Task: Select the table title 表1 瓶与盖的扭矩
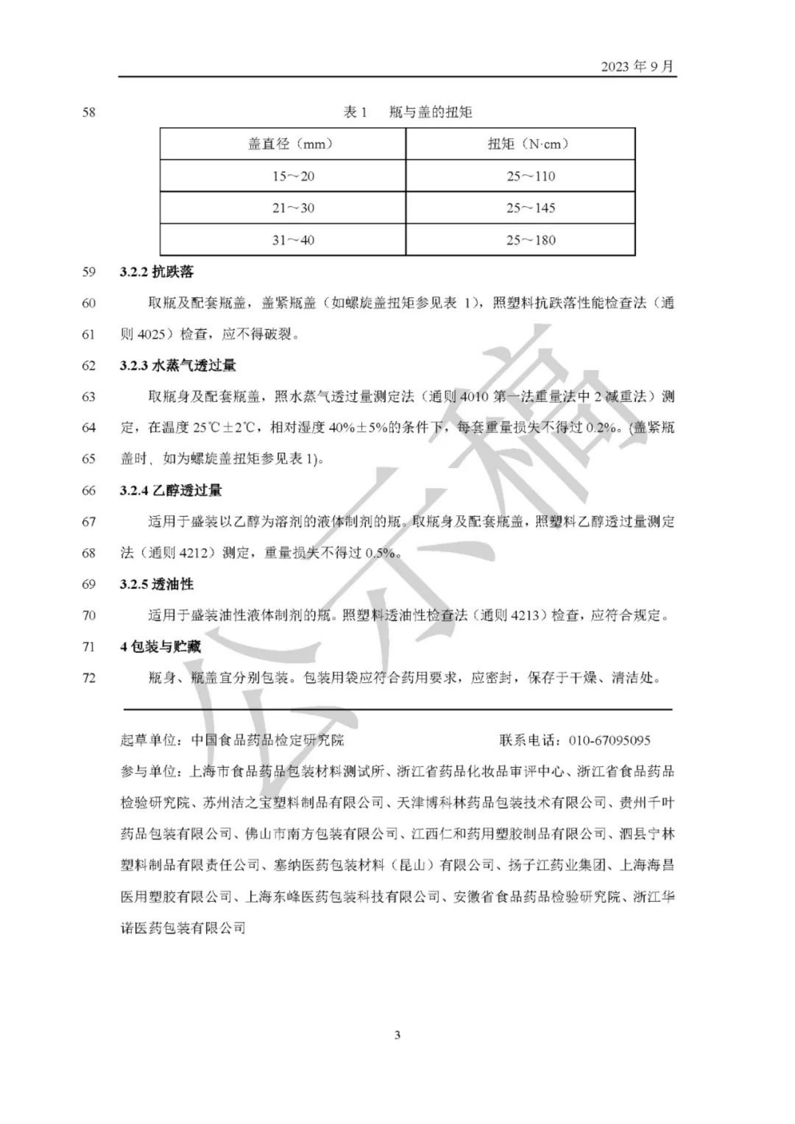click(408, 112)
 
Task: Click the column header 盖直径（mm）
click(290, 144)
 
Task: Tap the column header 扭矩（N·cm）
click(528, 144)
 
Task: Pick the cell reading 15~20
click(293, 176)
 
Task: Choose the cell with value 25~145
click(531, 208)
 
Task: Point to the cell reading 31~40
click(293, 240)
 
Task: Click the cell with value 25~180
click(531, 240)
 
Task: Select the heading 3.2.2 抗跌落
click(157, 271)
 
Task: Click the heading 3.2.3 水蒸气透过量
click(178, 365)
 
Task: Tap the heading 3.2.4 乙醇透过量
click(171, 490)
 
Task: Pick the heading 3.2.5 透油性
click(157, 584)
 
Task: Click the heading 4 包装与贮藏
click(161, 646)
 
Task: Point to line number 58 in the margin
click(88, 112)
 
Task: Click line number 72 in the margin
click(88, 678)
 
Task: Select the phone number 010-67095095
click(609, 740)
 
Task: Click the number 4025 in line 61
click(151, 334)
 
